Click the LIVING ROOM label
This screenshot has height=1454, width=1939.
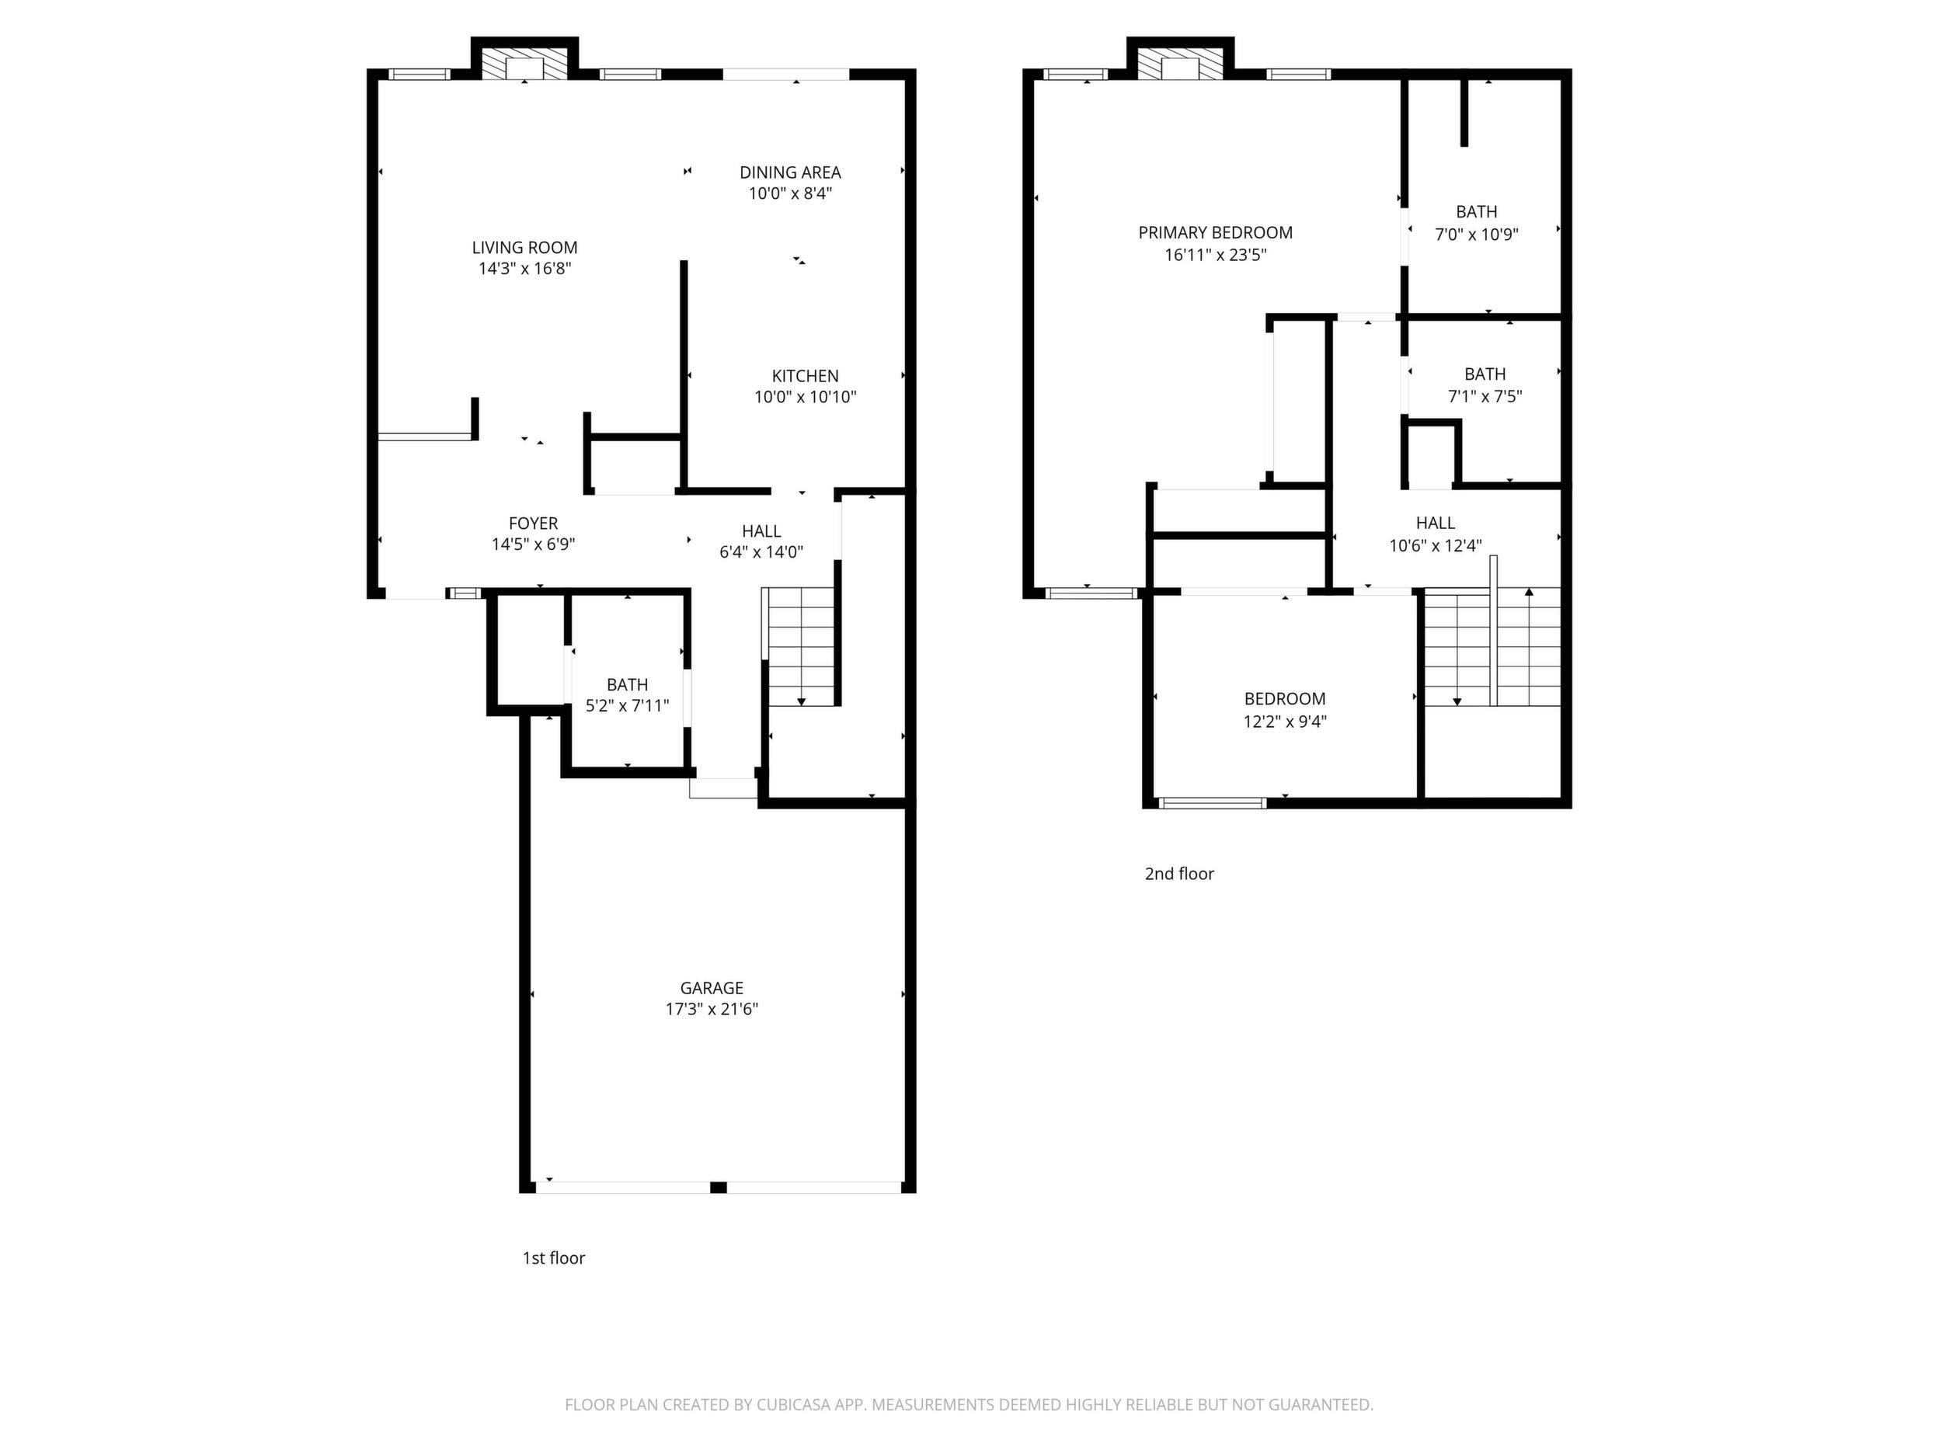tap(524, 248)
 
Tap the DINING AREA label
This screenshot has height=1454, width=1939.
tap(790, 172)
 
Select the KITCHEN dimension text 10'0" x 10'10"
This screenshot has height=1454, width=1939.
tap(805, 397)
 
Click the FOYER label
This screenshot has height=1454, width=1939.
tap(533, 524)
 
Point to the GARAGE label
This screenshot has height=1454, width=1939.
tap(712, 988)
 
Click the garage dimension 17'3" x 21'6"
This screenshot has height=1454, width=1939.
tap(712, 1009)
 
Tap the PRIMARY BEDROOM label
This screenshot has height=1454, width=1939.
tap(1215, 232)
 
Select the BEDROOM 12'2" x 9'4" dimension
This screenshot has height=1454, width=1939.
tap(1285, 722)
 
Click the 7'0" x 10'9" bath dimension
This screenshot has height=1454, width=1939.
tap(1476, 234)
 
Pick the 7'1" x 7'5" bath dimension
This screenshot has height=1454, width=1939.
tap(1484, 396)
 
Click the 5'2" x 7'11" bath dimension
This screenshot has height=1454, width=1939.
tap(627, 705)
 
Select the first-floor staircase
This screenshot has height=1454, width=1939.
tap(800, 646)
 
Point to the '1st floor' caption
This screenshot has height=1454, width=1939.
tap(553, 1257)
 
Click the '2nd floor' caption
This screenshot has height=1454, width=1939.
tap(1179, 873)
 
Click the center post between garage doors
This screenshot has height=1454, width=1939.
tap(718, 1188)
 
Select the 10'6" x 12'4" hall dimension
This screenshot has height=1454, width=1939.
tap(1435, 545)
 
